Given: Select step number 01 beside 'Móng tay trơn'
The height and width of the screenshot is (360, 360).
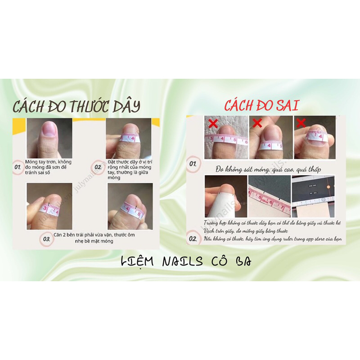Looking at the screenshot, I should [x=18, y=168].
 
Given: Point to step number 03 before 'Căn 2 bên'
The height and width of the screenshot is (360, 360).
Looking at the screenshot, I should [x=46, y=239].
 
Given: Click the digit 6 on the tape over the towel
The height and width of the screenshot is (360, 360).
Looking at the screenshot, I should [x=245, y=142].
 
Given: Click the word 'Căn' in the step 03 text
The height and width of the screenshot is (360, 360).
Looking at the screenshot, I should [x=58, y=235].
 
